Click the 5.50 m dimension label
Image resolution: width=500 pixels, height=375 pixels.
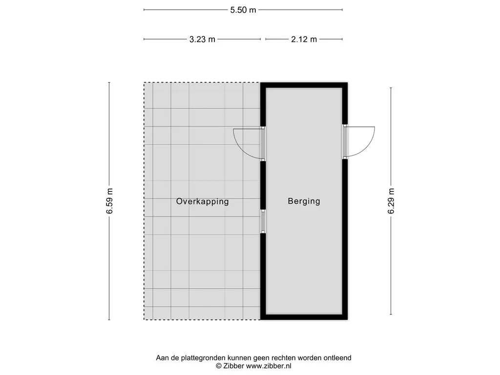point(243,10)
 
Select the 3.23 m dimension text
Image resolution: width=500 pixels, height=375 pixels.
point(202,40)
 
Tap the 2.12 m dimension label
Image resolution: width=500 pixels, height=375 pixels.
point(304,40)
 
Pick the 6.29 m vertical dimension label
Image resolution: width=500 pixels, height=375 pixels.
point(391,201)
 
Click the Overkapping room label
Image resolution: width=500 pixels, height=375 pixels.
point(203,201)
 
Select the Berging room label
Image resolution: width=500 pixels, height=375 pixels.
point(304,201)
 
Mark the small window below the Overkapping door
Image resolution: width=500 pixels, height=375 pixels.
point(263,221)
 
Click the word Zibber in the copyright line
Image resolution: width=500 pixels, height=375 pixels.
point(234,365)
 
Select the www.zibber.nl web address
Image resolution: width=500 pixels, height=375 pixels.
point(269,365)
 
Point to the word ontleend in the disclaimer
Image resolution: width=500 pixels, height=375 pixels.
point(336,358)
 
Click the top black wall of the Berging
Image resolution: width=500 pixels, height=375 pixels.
point(304,85)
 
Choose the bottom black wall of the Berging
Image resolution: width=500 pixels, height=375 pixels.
point(304,317)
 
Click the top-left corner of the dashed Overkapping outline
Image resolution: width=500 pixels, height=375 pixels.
point(144,83)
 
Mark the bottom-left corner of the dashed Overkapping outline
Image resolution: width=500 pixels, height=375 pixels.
point(144,320)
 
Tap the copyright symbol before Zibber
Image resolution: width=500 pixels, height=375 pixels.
point(218,365)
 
